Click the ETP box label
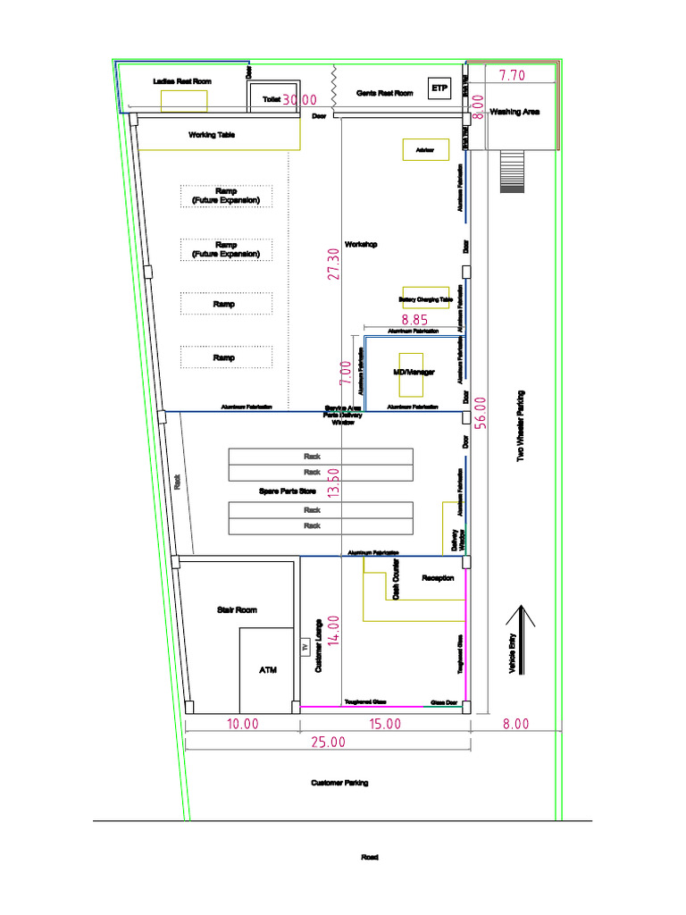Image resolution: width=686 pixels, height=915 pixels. (x=439, y=89)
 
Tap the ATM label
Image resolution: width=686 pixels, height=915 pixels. (x=268, y=669)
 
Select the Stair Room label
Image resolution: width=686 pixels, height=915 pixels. (x=237, y=610)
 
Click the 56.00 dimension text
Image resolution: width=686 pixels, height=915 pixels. (x=481, y=414)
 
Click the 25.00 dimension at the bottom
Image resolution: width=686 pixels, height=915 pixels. (x=328, y=742)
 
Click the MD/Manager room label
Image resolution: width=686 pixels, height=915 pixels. (x=414, y=372)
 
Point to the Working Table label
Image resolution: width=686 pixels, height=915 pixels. (x=212, y=136)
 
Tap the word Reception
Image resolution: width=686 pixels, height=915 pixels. (x=438, y=578)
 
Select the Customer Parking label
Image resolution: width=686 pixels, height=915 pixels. (x=339, y=783)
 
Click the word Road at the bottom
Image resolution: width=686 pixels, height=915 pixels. (x=369, y=857)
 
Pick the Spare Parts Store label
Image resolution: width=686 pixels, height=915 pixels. (x=284, y=491)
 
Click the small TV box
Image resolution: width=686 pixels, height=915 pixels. (x=305, y=647)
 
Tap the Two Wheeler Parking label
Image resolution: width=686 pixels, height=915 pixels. (x=521, y=425)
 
